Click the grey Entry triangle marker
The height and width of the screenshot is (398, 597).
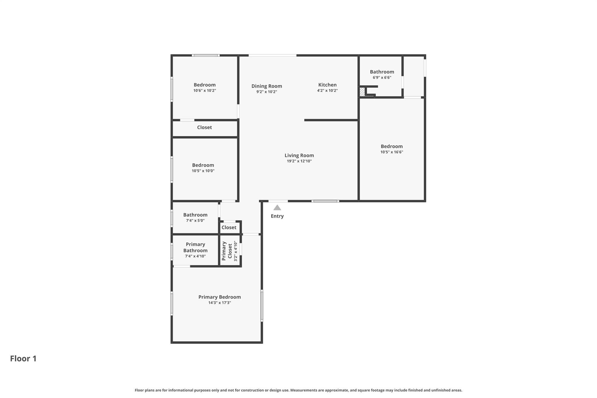tap(277, 208)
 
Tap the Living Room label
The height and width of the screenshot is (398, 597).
tap(299, 155)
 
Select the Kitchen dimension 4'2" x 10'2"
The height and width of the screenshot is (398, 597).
tap(327, 91)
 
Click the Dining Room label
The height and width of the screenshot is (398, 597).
tap(267, 86)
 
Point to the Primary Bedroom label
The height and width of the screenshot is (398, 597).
tap(220, 297)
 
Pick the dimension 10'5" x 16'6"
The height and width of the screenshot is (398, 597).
tap(391, 152)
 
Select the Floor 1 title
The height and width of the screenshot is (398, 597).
tap(23, 358)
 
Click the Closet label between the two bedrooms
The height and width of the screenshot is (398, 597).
tap(204, 127)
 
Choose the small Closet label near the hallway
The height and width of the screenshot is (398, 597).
tap(229, 227)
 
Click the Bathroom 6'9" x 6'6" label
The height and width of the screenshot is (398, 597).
tap(382, 72)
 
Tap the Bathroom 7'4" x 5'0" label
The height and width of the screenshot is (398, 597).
tap(195, 215)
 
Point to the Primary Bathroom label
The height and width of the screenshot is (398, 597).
tap(195, 247)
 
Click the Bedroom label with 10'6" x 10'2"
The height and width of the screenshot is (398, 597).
tap(205, 85)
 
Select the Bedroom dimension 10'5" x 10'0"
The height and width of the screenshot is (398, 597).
tap(203, 171)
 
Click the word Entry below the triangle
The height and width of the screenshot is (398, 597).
tap(277, 216)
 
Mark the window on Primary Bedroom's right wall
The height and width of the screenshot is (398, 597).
tap(262, 305)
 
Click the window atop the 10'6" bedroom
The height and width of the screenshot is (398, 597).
tap(206, 55)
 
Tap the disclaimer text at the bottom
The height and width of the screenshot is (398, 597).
tap(298, 390)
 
